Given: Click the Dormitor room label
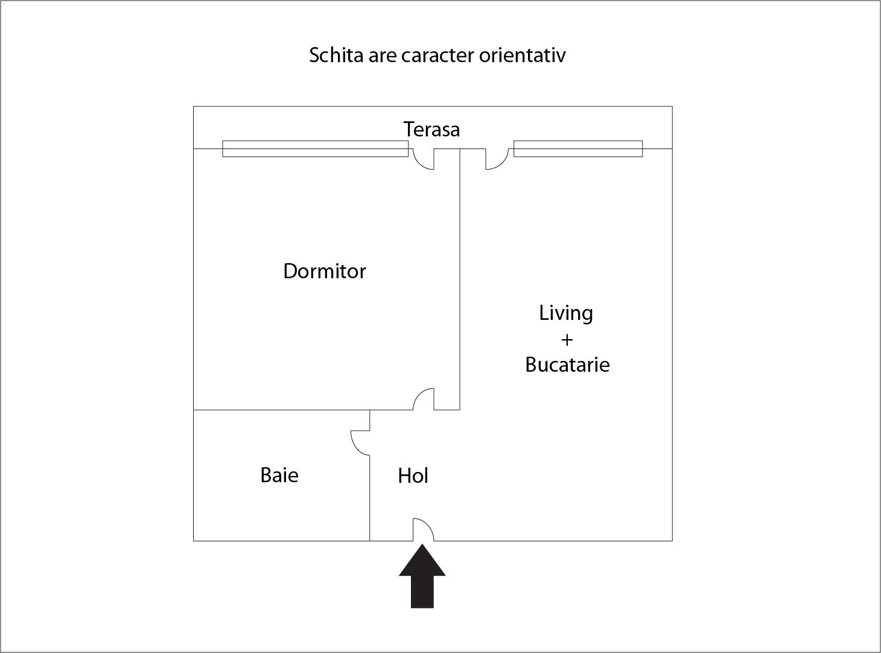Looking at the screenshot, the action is (325, 272).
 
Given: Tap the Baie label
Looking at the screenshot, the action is (279, 475).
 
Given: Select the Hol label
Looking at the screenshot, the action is (413, 476).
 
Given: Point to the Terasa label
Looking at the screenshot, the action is (432, 129).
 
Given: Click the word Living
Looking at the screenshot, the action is (566, 314).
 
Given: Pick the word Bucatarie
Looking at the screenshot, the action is (568, 365).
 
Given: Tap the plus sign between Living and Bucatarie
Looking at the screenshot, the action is (567, 340).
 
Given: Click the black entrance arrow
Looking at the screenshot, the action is (422, 576).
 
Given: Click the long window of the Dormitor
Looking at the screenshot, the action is (316, 148).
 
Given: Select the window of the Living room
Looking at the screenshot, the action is (578, 148).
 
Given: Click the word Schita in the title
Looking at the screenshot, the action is (337, 55).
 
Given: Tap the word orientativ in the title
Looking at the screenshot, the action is (523, 55).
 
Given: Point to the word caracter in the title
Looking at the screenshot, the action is (437, 56).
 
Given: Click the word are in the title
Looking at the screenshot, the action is (383, 57).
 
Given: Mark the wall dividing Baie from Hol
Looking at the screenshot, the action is (370, 498).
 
